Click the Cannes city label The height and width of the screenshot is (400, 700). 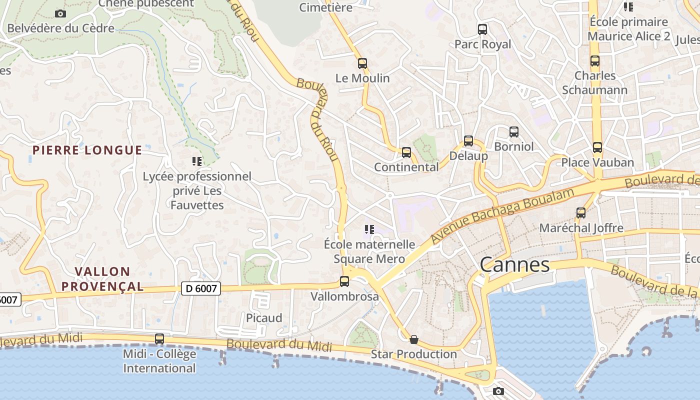coord(514,264)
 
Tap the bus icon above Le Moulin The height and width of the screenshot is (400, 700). coord(362,63)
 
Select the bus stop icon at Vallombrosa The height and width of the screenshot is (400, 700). coord(344,281)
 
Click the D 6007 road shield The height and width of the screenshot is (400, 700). coord(200,288)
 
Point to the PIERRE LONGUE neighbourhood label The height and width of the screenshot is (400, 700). coord(87,150)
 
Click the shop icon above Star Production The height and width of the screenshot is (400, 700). coord(414,339)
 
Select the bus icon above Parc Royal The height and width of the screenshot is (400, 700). coord(482,29)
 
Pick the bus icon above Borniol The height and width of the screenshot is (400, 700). coord(513,132)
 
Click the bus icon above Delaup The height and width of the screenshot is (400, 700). coord(468,141)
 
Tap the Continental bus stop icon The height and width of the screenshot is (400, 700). coord(406,152)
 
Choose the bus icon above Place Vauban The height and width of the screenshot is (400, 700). coord(597,147)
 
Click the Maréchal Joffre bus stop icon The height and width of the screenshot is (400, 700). coord(581,213)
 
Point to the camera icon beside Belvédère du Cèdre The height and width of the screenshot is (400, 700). coord(60,13)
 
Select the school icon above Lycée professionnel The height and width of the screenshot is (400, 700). coord(197,161)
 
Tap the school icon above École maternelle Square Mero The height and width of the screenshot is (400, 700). coord(369,229)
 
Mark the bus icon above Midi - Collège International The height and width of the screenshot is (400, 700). coord(159,338)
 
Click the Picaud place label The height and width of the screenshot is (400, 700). coord(264,318)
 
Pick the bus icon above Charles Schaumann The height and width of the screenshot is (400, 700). coord(594,61)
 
